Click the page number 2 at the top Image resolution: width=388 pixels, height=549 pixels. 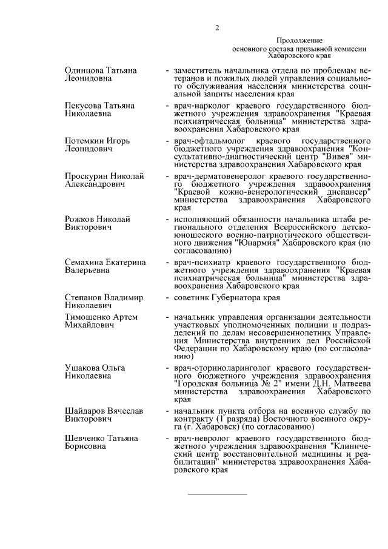(x=216, y=27)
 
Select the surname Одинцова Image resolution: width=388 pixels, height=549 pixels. (x=84, y=71)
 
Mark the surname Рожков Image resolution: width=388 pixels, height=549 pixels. (x=79, y=219)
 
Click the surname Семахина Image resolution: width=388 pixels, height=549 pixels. (x=84, y=262)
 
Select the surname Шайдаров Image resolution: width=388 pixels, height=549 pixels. (x=86, y=411)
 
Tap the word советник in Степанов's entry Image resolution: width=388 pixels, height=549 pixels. (x=190, y=297)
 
